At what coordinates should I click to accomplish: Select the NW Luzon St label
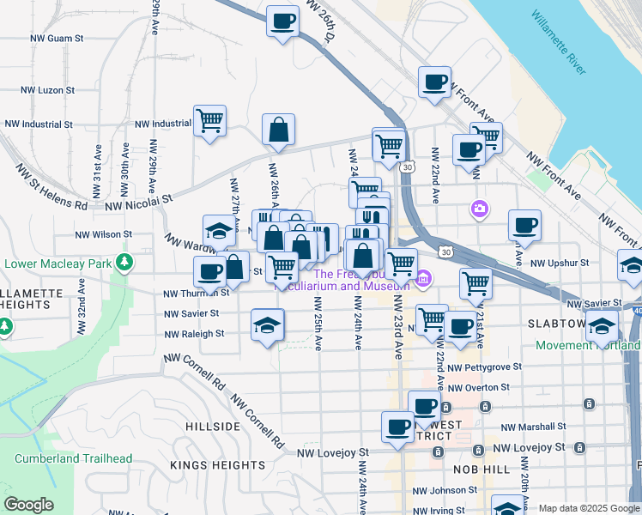pos(49,89)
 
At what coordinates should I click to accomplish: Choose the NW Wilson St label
pos(103,233)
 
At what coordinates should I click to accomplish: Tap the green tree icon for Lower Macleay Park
pos(125,261)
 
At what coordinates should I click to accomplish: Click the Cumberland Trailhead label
pos(73,458)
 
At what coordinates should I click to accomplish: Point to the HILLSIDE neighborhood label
pos(212,427)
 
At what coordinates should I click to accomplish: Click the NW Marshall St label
pos(533,427)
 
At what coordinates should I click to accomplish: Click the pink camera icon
pos(479,208)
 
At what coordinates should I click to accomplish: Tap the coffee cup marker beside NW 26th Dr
pos(282,21)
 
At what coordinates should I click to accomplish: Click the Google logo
pos(28,506)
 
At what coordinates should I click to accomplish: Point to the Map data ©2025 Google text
pos(589,508)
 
